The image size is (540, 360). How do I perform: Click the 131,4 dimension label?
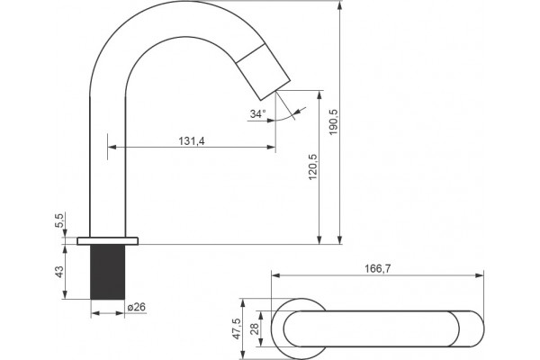click(192, 141)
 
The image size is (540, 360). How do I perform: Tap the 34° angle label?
click(258, 113)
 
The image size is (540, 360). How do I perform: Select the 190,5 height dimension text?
click(334, 122)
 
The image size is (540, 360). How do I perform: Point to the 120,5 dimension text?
click(313, 166)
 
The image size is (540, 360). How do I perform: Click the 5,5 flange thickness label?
click(59, 220)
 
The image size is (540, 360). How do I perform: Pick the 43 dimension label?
click(59, 272)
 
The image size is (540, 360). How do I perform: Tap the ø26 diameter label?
click(137, 307)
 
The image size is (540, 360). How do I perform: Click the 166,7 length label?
click(378, 269)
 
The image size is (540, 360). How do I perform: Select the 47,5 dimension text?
click(237, 328)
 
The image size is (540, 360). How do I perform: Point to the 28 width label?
click(255, 329)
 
